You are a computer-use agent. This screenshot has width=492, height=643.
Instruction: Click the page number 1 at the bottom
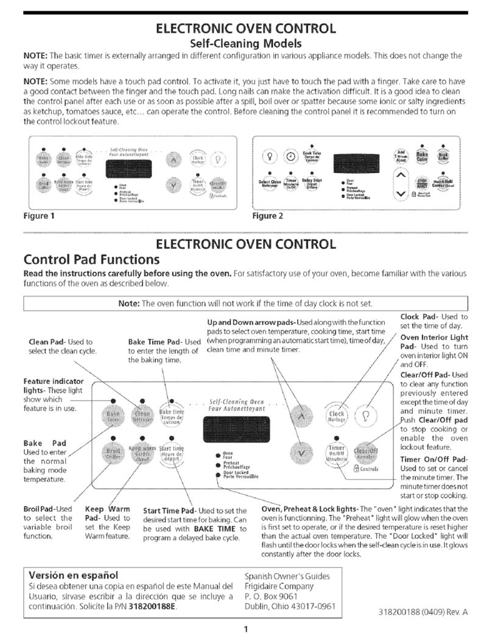coord(244,628)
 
